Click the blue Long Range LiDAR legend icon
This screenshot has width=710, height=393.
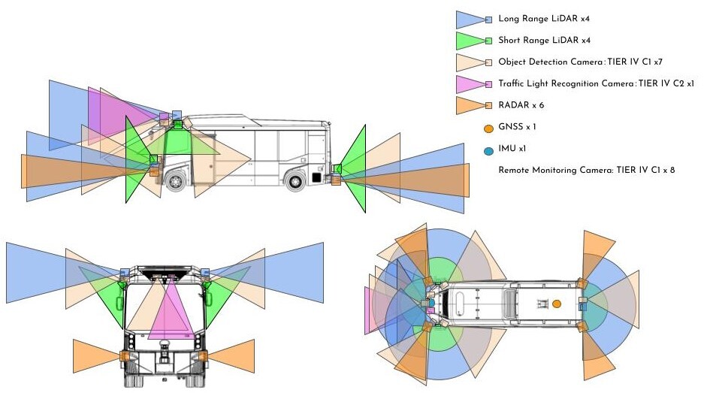473,20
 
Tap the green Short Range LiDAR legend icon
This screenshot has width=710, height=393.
473,41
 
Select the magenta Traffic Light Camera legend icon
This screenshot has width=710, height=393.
473,84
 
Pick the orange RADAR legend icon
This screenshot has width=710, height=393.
473,105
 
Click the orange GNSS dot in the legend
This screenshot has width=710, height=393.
488,128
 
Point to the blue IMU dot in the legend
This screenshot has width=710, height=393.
488,151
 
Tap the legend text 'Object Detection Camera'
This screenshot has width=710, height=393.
550,62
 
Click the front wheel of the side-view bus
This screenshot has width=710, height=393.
175,181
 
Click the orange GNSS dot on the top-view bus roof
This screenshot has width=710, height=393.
557,304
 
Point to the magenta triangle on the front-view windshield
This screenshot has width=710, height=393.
170,313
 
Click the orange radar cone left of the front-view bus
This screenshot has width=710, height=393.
98,356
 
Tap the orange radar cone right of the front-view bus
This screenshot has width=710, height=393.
230,356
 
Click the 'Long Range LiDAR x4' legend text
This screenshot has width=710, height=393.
544,19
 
